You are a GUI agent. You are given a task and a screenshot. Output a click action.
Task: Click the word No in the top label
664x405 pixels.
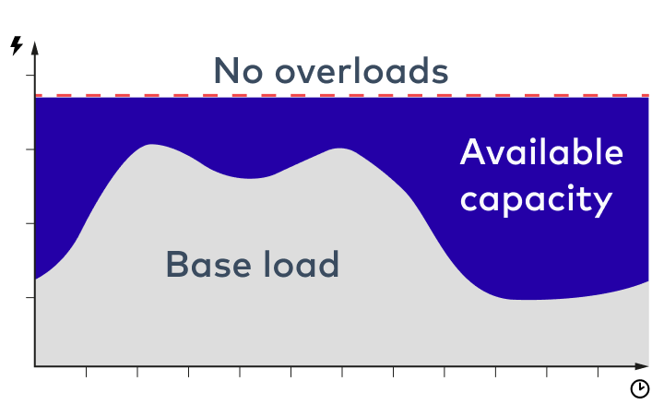[234, 71]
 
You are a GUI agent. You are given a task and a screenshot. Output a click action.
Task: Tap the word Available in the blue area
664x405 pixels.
[541, 152]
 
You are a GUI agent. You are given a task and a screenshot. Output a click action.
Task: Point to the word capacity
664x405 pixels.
[536, 199]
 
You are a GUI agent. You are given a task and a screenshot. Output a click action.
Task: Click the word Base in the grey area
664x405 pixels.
[204, 265]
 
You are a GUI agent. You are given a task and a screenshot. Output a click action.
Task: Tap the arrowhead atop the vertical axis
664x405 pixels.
[34, 46]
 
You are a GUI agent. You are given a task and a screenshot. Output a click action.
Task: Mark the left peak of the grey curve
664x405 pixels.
[150, 146]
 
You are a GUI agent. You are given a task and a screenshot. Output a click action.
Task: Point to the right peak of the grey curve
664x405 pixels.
[342, 149]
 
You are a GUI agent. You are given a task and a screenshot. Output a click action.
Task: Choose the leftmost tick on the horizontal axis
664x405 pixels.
[87, 372]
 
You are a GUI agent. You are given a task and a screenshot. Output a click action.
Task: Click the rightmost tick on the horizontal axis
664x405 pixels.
[598, 372]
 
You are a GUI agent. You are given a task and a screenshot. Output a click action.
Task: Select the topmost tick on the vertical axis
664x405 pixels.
[30, 76]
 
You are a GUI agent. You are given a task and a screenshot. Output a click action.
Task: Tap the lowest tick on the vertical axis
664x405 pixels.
[30, 298]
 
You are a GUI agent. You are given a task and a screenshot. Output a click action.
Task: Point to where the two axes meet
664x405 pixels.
[35, 366]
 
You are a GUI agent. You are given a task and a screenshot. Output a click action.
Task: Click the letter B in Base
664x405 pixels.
[177, 265]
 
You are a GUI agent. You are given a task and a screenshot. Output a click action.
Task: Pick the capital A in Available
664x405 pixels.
[472, 152]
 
